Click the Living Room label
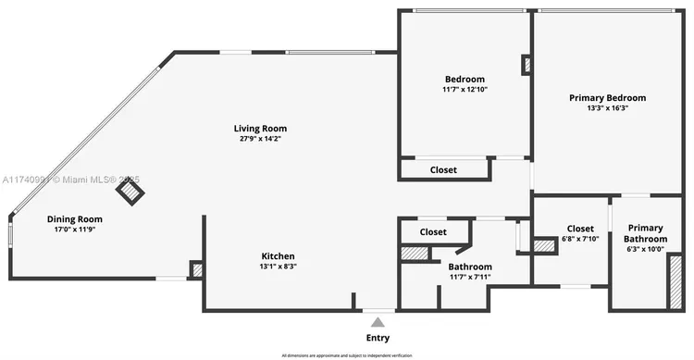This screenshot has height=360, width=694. tap(259, 129)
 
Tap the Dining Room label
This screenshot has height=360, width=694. tap(75, 219)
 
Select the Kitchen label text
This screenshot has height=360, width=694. tap(278, 255)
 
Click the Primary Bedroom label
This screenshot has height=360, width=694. tap(607, 97)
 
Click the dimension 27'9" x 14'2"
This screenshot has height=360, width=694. tap(259, 139)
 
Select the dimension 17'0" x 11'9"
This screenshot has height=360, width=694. tap(75, 230)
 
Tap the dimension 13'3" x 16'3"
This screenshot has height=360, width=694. tap(607, 107)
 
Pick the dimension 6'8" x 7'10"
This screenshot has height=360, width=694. tap(580, 239)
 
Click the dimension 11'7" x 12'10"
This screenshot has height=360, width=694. tap(465, 90)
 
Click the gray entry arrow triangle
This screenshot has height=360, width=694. tap(378, 321)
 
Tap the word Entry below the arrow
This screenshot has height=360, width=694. tap(378, 338)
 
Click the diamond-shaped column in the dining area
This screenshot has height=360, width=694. tap(130, 192)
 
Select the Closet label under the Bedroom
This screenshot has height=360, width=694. tap(444, 170)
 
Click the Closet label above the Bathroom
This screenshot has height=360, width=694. tap(433, 231)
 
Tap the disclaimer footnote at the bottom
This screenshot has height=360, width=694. tap(347, 354)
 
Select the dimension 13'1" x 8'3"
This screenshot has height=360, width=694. tap(278, 266)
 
